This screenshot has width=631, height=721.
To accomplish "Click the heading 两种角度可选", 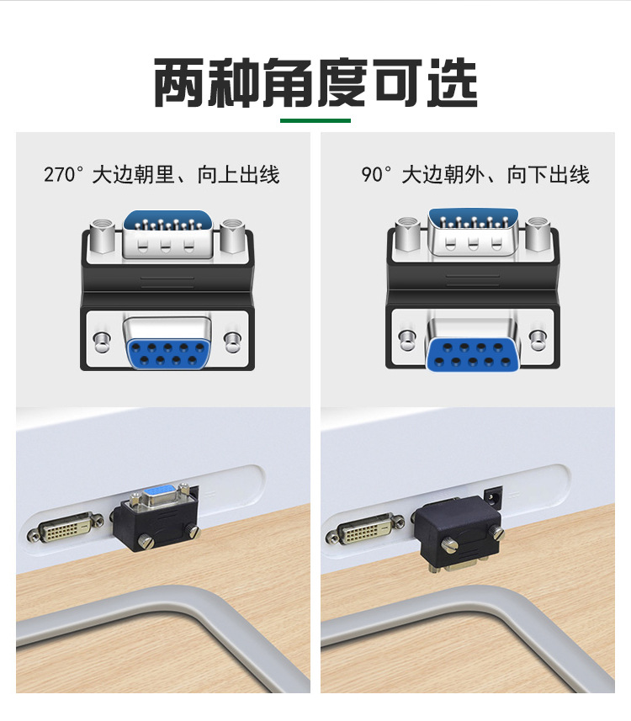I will pyautogui.click(x=315, y=82).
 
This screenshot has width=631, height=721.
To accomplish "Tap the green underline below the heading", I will pyautogui.click(x=315, y=121).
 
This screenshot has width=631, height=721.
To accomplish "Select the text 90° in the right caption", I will pyautogui.click(x=377, y=175).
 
